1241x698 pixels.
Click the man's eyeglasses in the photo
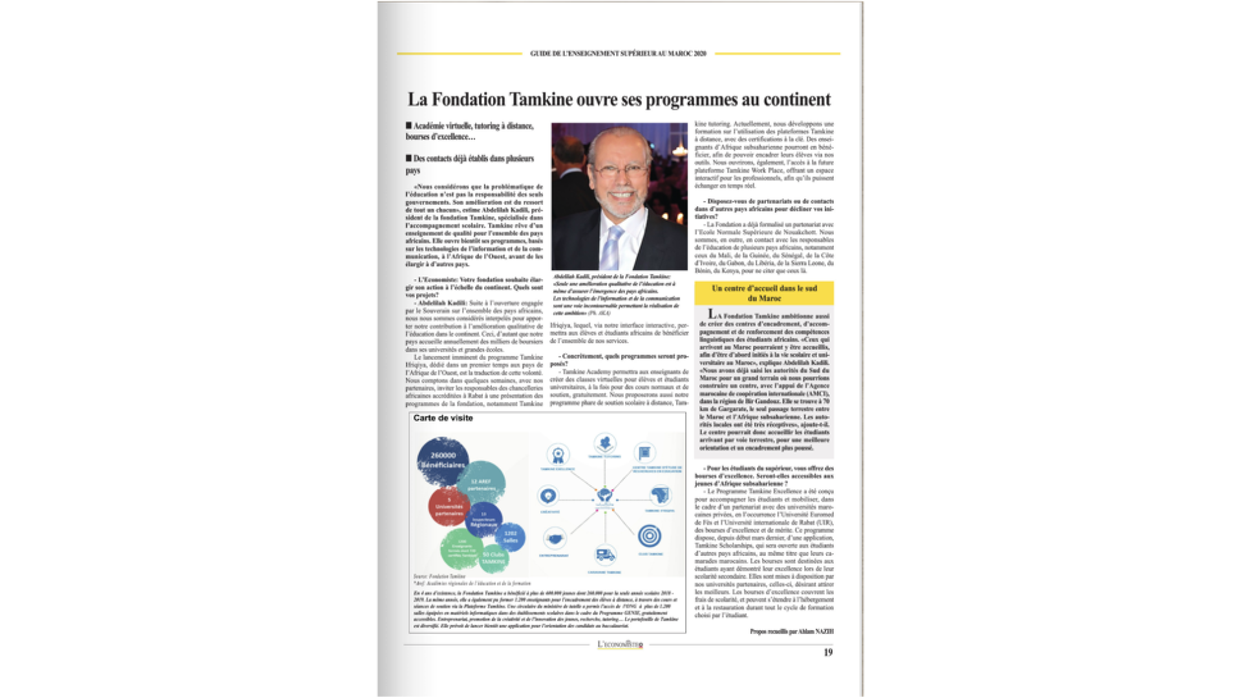point(619,170)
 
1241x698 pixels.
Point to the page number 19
point(828,653)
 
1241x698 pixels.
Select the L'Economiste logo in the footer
point(620,644)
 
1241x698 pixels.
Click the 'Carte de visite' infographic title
point(443,418)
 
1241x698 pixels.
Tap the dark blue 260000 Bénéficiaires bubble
point(443,460)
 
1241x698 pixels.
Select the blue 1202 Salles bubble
point(510,536)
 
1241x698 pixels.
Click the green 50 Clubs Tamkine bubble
point(493,558)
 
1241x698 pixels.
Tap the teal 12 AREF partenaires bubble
point(481,483)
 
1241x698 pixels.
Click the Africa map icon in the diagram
point(659,496)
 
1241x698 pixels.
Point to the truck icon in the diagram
point(605,555)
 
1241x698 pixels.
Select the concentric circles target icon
point(650,536)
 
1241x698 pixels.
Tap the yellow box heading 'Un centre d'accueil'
point(764,293)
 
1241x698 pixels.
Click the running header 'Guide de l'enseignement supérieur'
point(618,54)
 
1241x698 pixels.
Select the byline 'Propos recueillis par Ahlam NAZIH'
point(792,631)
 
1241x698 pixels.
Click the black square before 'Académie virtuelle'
point(408,125)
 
